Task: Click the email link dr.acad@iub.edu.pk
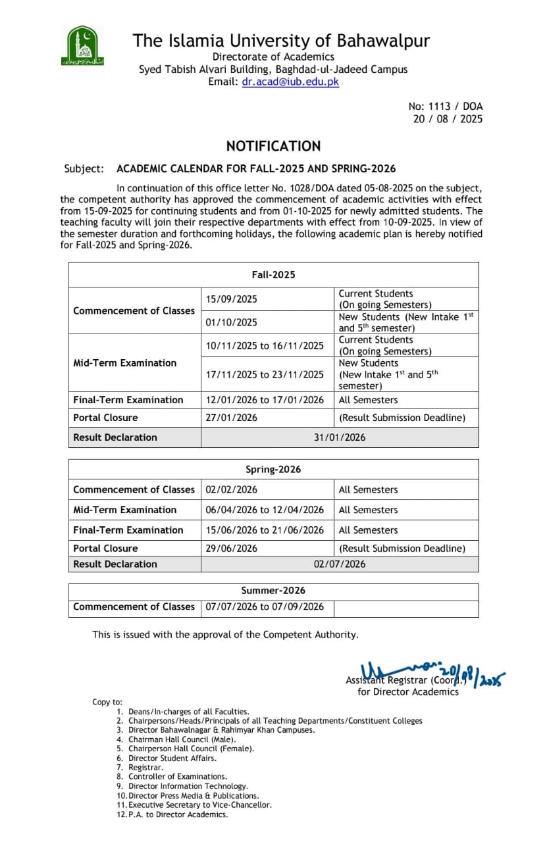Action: pyautogui.click(x=290, y=82)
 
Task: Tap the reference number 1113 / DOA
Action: pyautogui.click(x=446, y=106)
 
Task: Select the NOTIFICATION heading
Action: pyautogui.click(x=273, y=146)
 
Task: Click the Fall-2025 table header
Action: pyautogui.click(x=273, y=275)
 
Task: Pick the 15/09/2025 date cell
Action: pyautogui.click(x=231, y=299)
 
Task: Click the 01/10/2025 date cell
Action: pyautogui.click(x=231, y=322)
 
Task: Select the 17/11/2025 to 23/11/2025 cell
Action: pyautogui.click(x=265, y=374)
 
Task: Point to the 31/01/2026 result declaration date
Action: pyautogui.click(x=339, y=437)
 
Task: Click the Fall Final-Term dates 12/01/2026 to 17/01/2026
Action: pyautogui.click(x=265, y=400)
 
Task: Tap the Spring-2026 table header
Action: pyautogui.click(x=273, y=470)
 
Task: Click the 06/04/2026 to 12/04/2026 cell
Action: pyautogui.click(x=265, y=510)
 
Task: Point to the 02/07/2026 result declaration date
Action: pyautogui.click(x=339, y=564)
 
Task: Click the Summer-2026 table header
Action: pyautogui.click(x=273, y=591)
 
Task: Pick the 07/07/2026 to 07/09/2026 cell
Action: pyautogui.click(x=265, y=607)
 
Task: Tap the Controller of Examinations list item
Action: pyautogui.click(x=178, y=777)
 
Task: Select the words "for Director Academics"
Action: pyautogui.click(x=408, y=691)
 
